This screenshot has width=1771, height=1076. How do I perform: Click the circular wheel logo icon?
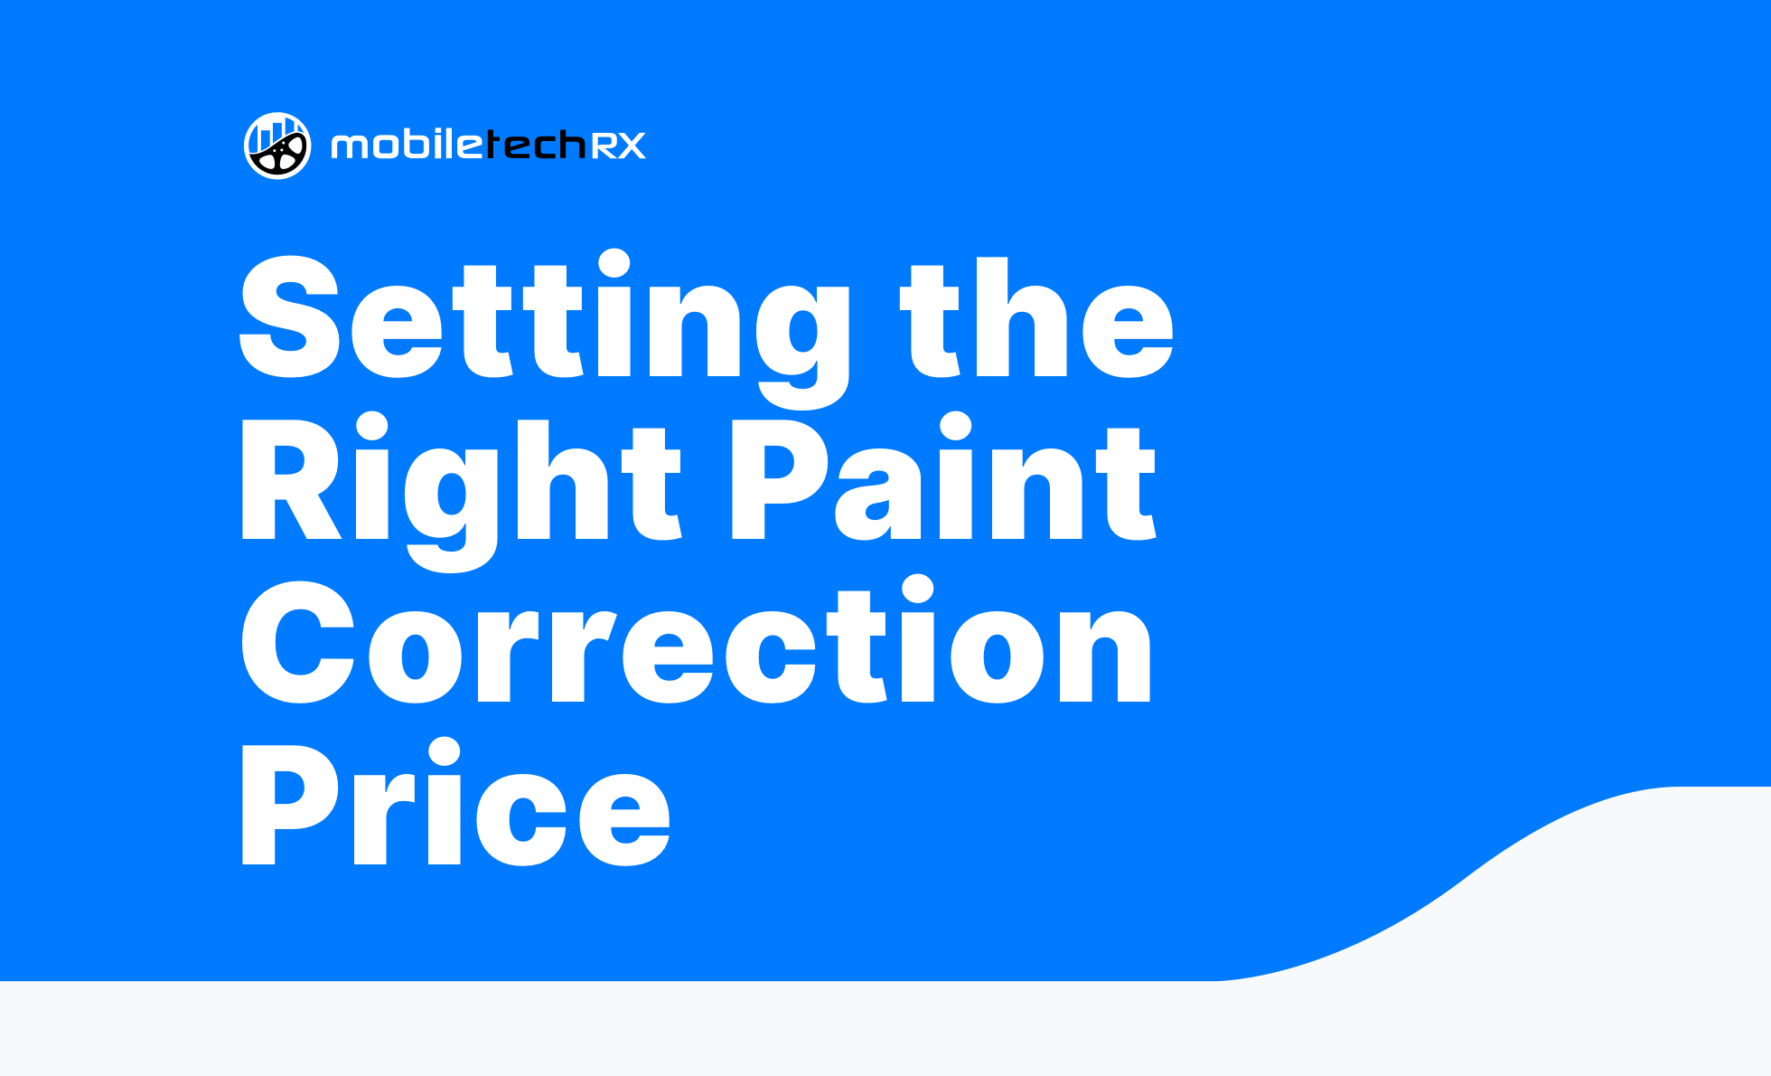tap(277, 146)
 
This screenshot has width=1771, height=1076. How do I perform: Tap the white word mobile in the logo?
tap(408, 145)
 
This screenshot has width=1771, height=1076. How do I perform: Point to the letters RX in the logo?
tap(619, 146)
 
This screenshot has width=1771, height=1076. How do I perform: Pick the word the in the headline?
tap(1037, 317)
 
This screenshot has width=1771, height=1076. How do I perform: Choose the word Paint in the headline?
tap(943, 476)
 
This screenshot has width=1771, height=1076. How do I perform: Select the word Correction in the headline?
tap(697, 640)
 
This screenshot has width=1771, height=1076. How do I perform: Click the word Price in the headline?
tap(455, 802)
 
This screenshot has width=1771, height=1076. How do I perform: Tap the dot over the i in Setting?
tap(614, 264)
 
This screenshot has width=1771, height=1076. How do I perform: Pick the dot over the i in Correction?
tap(918, 589)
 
